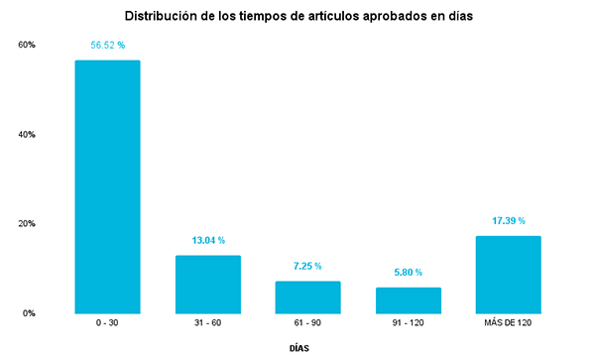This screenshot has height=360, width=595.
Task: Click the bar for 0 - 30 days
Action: (107, 186)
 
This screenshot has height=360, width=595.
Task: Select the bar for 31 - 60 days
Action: (207, 284)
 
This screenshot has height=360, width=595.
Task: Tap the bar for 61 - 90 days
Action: (307, 297)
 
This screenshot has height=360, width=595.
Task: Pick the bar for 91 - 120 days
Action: (408, 300)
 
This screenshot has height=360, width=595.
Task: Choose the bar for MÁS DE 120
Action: (508, 274)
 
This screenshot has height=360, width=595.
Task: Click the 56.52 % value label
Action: (107, 45)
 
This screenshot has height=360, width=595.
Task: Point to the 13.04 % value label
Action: (207, 240)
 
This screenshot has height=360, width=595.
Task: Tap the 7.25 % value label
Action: (307, 266)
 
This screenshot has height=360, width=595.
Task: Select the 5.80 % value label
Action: (408, 272)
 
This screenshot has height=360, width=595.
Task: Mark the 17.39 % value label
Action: (508, 220)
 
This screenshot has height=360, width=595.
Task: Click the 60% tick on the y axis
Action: (27, 45)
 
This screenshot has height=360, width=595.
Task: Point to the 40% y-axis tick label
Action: (27, 134)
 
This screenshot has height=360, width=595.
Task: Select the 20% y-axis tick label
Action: (27, 223)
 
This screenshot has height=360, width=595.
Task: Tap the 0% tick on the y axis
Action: (30, 312)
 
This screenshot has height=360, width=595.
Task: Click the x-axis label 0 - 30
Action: (107, 324)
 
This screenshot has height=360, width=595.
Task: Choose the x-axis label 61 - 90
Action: (307, 324)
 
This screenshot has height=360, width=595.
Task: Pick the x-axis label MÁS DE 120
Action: (508, 324)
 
